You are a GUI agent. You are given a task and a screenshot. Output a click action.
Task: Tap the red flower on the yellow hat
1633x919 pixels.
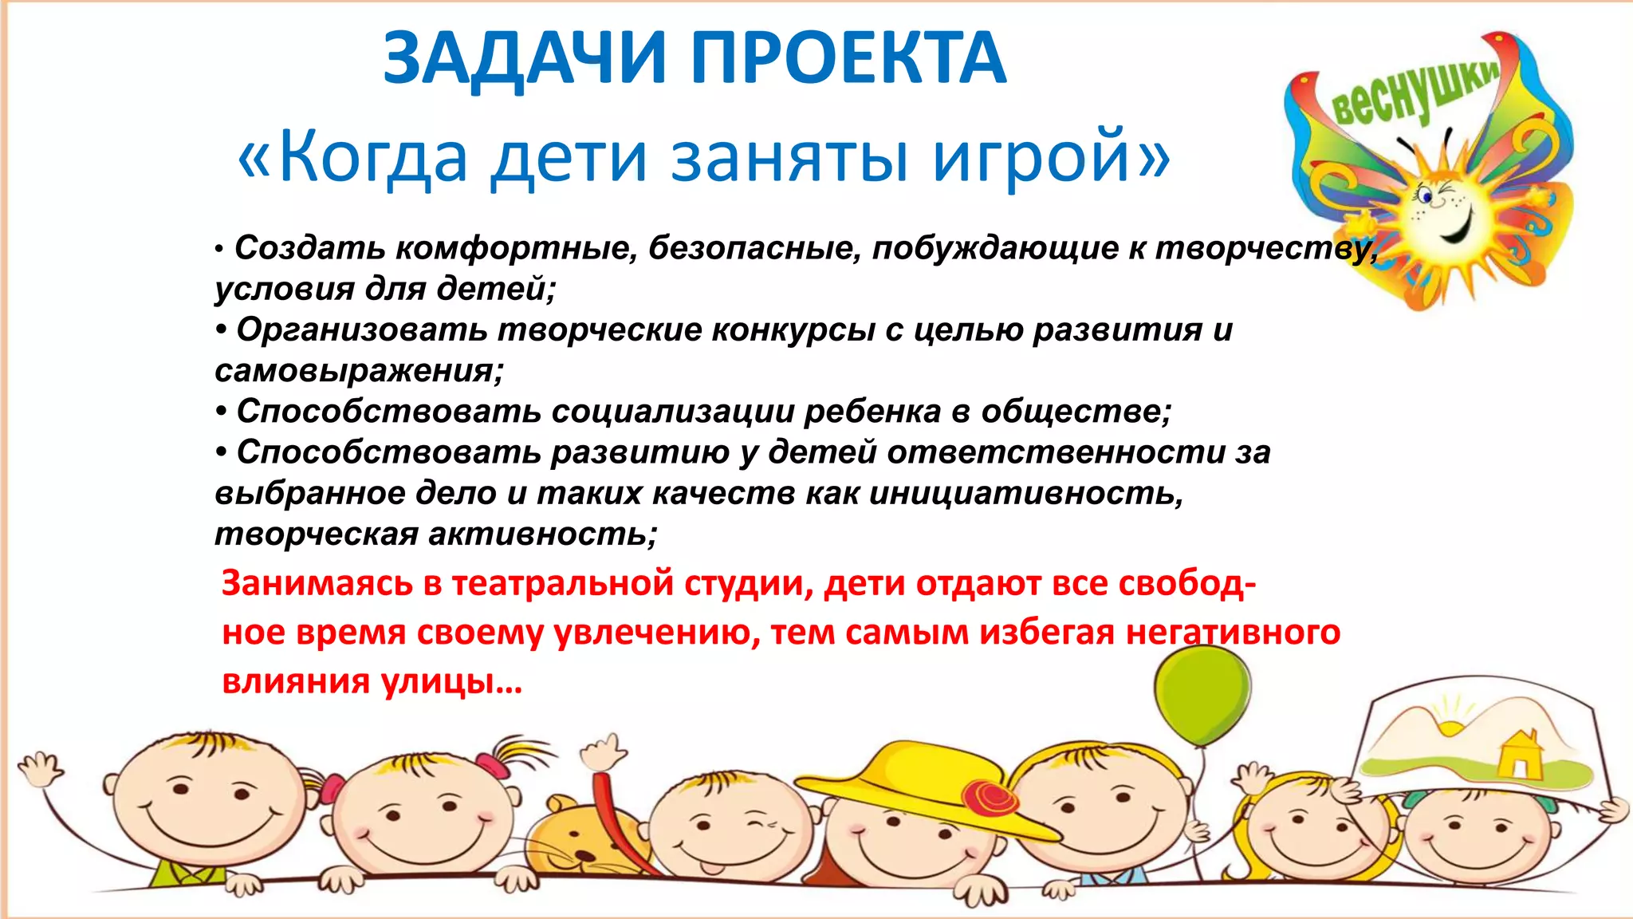point(990,798)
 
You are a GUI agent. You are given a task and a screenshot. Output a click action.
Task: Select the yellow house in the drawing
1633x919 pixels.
point(1519,754)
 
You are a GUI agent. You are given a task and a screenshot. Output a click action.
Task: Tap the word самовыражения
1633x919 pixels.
point(359,371)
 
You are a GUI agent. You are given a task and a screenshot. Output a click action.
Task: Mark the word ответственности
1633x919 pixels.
point(1056,452)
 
